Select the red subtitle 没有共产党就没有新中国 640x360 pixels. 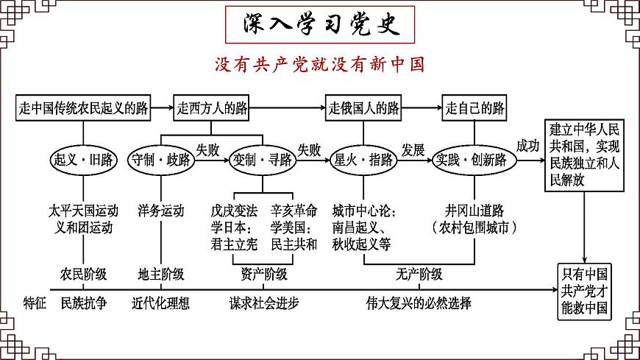320,64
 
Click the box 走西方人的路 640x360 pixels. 211,109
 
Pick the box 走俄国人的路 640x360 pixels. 363,109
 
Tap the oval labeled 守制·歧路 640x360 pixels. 160,160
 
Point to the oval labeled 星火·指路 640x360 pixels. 363,160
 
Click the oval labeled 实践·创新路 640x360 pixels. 471,160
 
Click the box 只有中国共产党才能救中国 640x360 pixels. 586,292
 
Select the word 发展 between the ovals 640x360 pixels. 413,149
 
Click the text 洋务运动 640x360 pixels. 160,211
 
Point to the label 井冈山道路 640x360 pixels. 472,211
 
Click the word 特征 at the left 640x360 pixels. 35,303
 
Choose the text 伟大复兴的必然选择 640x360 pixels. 419,303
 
